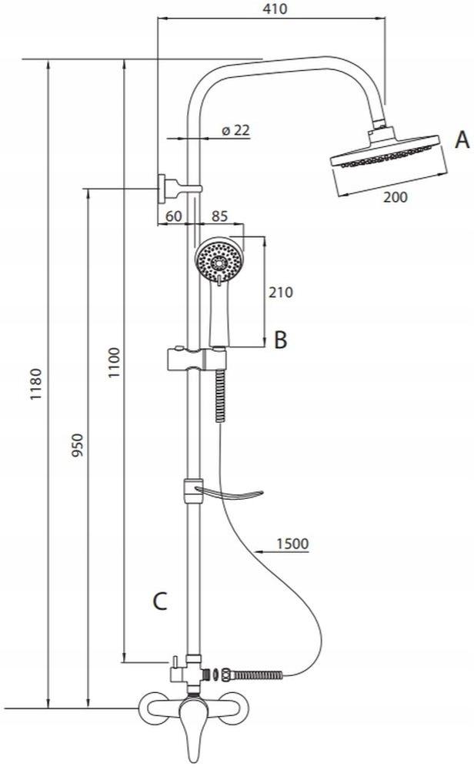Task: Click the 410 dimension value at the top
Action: coord(275,9)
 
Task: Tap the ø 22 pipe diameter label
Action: coord(236,130)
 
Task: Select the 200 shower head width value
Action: coord(395,197)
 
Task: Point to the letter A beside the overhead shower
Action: coord(462,140)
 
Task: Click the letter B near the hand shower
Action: coord(280,340)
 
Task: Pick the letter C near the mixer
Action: coord(160,601)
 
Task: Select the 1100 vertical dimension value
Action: coord(115,363)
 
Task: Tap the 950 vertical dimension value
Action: coord(78,444)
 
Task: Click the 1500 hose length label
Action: coord(292,544)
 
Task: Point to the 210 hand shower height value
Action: coord(280,292)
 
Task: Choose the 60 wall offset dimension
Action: coord(174,216)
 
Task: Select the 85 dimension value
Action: coord(220,216)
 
